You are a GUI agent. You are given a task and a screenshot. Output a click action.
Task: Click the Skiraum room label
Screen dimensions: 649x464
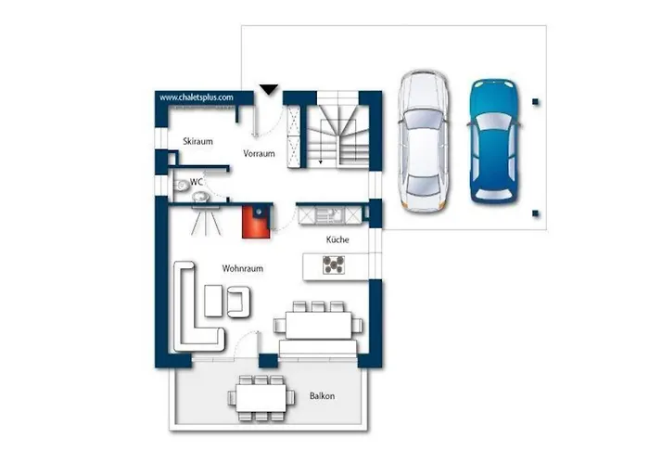(x=197, y=141)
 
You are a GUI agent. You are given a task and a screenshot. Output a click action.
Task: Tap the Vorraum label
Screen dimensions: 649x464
(x=259, y=154)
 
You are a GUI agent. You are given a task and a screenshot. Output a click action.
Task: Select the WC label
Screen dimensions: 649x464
(x=197, y=182)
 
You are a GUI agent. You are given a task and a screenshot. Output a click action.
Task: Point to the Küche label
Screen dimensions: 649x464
(x=337, y=239)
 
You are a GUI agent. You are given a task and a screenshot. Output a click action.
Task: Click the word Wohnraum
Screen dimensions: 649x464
(x=243, y=268)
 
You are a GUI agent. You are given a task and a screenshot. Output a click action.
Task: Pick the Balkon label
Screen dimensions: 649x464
(x=322, y=396)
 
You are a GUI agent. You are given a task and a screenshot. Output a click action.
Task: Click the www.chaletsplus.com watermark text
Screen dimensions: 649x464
(x=197, y=97)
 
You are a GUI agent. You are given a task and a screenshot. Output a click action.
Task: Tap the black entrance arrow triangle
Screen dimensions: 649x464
(x=269, y=89)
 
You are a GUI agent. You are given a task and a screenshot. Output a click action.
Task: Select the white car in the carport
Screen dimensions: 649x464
(x=423, y=141)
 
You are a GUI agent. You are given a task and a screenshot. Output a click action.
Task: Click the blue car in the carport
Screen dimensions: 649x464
(x=494, y=141)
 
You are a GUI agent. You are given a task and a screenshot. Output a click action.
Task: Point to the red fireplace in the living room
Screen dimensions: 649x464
(x=256, y=222)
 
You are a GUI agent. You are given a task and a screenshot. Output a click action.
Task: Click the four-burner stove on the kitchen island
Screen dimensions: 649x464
(x=334, y=265)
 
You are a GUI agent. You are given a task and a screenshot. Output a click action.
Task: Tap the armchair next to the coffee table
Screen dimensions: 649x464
(x=238, y=302)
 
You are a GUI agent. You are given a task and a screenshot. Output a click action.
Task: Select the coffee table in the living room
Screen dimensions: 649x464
(x=213, y=301)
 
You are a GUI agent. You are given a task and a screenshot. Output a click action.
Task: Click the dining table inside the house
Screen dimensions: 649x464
(x=319, y=325)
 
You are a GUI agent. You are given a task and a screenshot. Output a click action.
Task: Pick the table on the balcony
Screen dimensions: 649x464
(x=261, y=398)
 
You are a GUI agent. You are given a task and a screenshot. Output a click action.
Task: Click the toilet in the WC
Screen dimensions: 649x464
(x=181, y=186)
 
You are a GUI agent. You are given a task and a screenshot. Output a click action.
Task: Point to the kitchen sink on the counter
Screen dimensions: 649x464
(x=330, y=215)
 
